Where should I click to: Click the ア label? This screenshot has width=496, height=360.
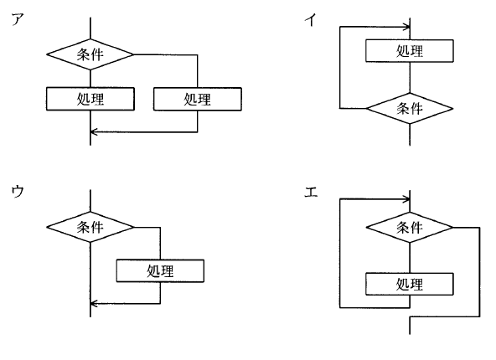click(x=18, y=19)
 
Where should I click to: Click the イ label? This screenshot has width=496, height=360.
click(x=311, y=20)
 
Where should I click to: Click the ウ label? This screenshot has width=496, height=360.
click(x=18, y=192)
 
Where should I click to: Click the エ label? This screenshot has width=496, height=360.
click(x=311, y=192)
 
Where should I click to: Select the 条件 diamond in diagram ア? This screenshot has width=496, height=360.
click(x=90, y=54)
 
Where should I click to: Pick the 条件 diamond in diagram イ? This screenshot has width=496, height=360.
click(x=410, y=108)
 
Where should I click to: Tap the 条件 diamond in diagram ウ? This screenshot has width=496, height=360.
click(x=90, y=227)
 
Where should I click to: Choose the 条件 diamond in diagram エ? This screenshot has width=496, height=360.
click(x=410, y=227)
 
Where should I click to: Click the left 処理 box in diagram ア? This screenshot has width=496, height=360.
click(x=90, y=99)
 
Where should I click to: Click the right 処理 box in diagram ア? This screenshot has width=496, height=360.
click(x=198, y=99)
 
